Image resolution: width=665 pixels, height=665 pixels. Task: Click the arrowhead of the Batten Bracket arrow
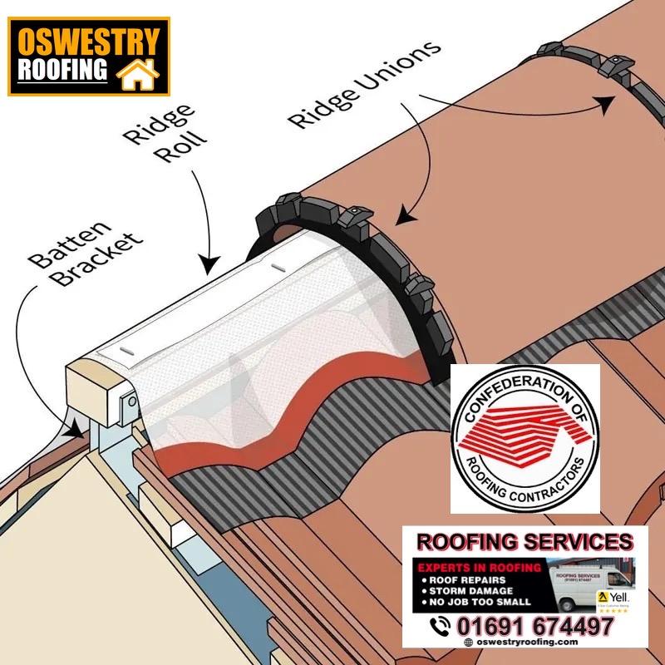77,431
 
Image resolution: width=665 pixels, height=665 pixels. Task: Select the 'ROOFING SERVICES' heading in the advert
524,543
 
